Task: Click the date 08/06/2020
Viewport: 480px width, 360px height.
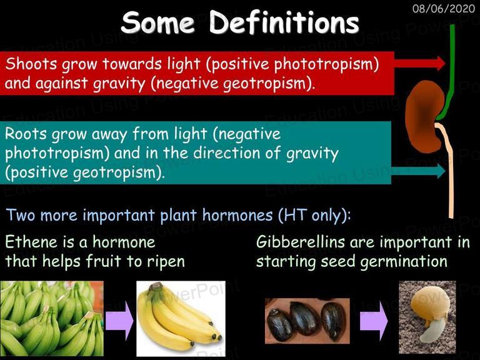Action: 444,8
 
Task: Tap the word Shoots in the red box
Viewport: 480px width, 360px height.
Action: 31,64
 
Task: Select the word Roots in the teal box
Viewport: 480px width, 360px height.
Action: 26,134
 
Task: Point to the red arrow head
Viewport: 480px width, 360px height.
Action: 441,63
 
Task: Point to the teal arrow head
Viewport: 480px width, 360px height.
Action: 441,171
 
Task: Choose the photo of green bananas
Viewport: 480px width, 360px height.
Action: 52,319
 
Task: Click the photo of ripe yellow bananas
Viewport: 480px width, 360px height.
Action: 181,319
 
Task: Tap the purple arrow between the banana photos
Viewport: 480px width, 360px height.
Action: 120,321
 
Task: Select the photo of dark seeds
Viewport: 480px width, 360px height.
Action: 307,321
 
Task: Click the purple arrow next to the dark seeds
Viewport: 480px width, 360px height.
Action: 374,321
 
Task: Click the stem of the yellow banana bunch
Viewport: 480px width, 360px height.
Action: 156,287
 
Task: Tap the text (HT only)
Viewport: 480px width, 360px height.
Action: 314,215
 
